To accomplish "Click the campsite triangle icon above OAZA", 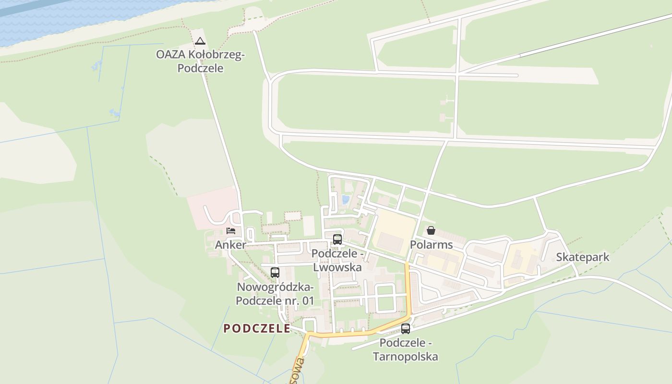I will click(x=200, y=41).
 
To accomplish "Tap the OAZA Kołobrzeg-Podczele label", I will click(x=200, y=61).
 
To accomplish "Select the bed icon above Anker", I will click(x=231, y=231).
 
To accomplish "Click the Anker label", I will click(x=230, y=245).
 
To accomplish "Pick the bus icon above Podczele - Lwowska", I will click(x=337, y=239).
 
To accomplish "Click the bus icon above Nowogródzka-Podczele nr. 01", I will click(x=275, y=273).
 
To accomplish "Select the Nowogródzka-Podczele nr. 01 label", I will click(x=275, y=294).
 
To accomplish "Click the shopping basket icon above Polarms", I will click(x=431, y=230).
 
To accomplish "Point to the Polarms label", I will click(x=431, y=245).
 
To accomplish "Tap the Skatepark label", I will click(x=582, y=257).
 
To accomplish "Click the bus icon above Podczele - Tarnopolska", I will click(x=406, y=329).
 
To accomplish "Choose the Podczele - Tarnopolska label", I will click(x=406, y=349).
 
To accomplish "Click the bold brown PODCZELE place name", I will click(x=257, y=328).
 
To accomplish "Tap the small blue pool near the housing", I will click(x=345, y=199).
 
